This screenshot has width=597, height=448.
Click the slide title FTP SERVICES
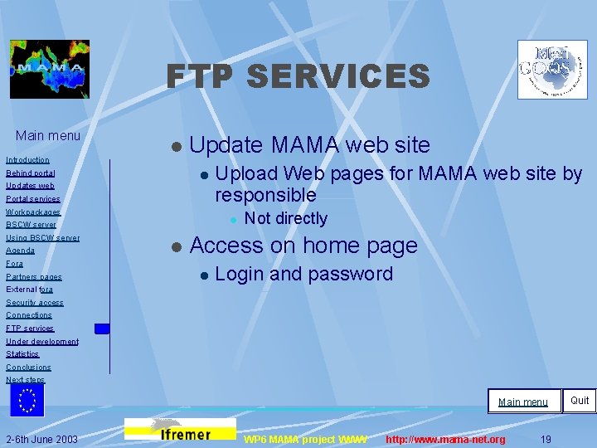click(298, 77)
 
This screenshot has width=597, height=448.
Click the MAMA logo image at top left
click(50, 69)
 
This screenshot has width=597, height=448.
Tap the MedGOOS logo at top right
click(552, 70)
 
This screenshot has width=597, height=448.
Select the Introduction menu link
click(27, 159)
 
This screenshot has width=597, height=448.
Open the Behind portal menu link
click(31, 173)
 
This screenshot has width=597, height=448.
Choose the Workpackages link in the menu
click(33, 212)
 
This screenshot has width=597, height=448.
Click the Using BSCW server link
click(43, 238)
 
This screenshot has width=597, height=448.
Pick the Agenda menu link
click(21, 251)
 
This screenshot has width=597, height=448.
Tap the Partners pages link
click(34, 276)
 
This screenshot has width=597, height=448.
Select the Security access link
click(35, 303)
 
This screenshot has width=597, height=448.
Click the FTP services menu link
click(30, 329)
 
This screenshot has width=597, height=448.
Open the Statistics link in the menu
click(22, 354)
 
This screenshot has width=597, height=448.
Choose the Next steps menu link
click(26, 380)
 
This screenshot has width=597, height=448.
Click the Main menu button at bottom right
click(523, 402)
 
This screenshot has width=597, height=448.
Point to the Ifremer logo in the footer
click(180, 429)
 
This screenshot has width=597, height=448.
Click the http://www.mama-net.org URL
click(445, 439)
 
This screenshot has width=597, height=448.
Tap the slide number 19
click(546, 439)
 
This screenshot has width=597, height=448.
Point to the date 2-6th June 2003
click(41, 439)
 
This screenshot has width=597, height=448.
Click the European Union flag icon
click(27, 399)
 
